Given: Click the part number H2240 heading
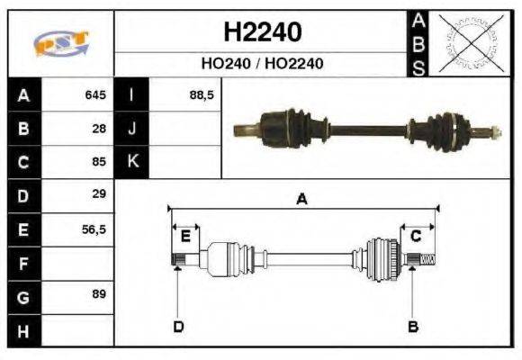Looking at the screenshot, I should (x=261, y=32).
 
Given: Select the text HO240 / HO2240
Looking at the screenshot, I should (x=261, y=64).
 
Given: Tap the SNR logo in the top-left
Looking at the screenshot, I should (x=60, y=43).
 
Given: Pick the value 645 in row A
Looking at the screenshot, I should (x=95, y=94).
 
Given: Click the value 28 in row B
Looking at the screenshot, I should (x=99, y=129).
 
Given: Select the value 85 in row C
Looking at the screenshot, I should (x=99, y=163).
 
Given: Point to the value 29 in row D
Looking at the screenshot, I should (x=99, y=194).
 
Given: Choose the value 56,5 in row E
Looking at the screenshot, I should (x=94, y=229).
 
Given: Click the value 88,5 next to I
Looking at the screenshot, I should (x=202, y=94).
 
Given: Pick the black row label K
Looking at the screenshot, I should (x=132, y=162).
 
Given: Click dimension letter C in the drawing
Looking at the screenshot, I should (x=416, y=236).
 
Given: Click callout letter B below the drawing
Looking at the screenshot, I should (x=413, y=326).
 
